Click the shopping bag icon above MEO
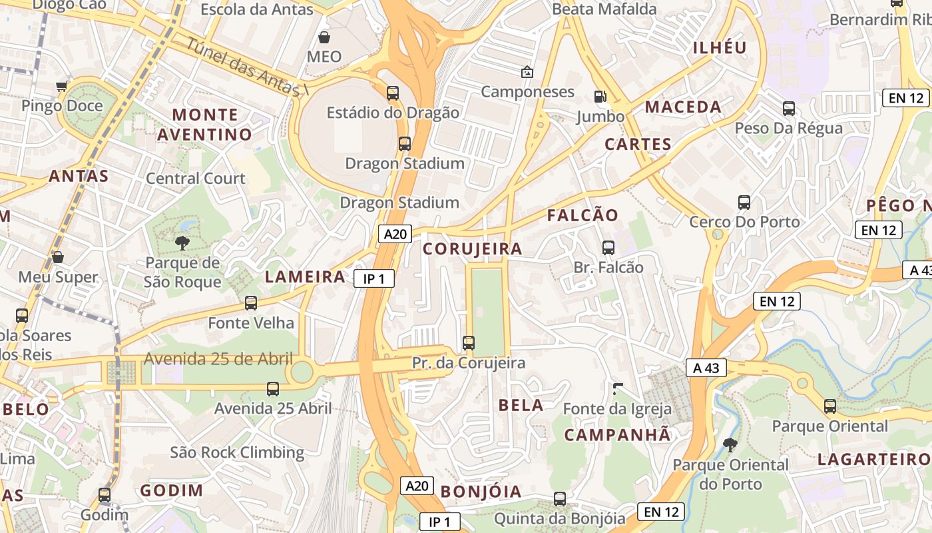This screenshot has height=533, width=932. (324, 37)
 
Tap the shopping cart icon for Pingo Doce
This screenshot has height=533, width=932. (62, 86)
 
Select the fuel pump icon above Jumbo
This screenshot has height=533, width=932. (600, 97)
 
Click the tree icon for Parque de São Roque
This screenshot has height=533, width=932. (182, 243)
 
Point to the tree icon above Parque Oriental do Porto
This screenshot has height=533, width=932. (730, 444)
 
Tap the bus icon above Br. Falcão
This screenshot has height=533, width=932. (608, 248)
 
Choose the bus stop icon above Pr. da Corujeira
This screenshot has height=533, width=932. (469, 343)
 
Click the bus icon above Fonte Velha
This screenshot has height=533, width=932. (251, 303)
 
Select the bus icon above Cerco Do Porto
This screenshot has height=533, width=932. (744, 202)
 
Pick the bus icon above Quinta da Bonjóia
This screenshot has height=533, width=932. (560, 498)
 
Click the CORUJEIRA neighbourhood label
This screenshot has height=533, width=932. (473, 249)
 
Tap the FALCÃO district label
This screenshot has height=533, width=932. (582, 215)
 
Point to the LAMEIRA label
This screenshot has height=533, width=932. (306, 277)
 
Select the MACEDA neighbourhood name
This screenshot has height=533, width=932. (683, 107)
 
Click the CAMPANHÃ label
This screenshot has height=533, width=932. (618, 435)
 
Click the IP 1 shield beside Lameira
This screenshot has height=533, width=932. (374, 278)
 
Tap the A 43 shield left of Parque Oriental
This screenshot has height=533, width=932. (706, 367)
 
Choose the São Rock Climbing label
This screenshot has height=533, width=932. (237, 453)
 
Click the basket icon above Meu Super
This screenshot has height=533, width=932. (58, 257)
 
